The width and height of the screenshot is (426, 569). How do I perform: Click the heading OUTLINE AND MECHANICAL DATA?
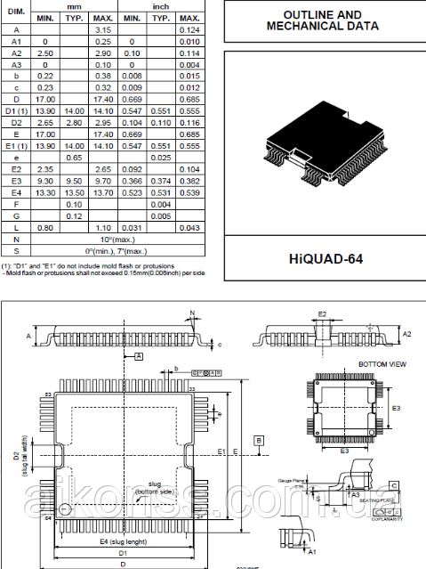click(322, 20)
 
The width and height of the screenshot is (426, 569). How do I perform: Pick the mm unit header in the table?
click(76, 6)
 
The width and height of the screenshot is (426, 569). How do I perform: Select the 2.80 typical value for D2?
click(76, 122)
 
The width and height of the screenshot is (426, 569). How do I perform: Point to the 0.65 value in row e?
click(76, 157)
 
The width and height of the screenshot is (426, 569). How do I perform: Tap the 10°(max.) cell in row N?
click(117, 239)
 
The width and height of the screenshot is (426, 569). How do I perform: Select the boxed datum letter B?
click(258, 440)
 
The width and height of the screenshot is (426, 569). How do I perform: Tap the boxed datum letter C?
click(394, 485)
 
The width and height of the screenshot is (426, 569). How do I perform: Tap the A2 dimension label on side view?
click(407, 333)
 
